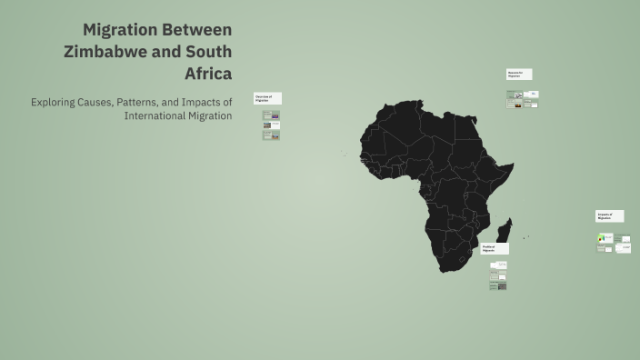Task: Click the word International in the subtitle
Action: click(x=155, y=115)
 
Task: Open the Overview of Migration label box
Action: click(x=267, y=98)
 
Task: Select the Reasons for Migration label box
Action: click(x=519, y=74)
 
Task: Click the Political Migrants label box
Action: click(x=495, y=248)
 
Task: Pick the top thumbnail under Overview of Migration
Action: click(x=271, y=115)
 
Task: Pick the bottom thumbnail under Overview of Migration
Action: click(x=271, y=135)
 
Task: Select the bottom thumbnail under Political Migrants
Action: click(x=498, y=285)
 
